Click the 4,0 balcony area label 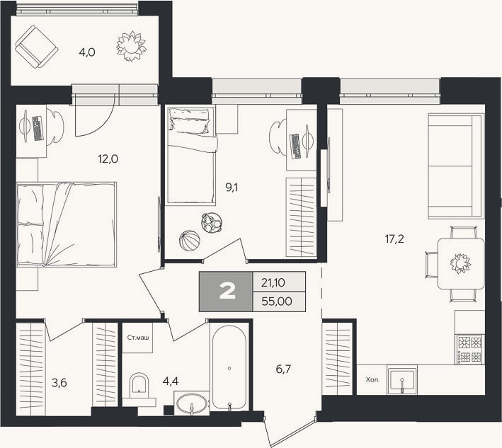coord(87,52)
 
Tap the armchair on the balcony coord(36,47)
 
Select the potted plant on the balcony coord(131,46)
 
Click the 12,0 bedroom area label coord(108,159)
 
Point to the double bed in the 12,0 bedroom coord(67,224)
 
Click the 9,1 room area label coord(232,188)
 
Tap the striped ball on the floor coord(189,241)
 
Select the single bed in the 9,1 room coord(191,155)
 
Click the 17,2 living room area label coord(394,239)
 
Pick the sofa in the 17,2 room coord(456,166)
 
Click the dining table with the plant coord(461,264)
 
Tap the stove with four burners coord(470,350)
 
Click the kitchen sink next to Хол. coord(401,381)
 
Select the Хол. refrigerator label coord(372,380)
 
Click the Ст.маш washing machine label coord(138,338)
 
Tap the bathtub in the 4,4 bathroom coord(229,367)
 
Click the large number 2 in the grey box coord(227,292)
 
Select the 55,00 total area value coord(277,301)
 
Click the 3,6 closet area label coord(59,382)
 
